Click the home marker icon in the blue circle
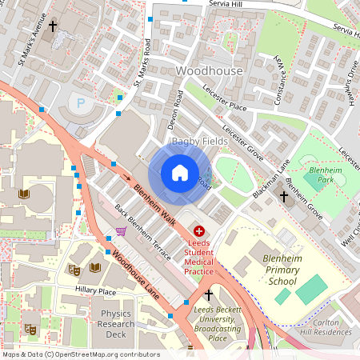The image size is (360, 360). pos(180,173)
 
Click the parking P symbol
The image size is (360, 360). pos(78,103)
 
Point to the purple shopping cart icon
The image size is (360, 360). pos(121,231)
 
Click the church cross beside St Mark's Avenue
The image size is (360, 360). pos(53,26)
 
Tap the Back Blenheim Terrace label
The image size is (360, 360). pos(142,233)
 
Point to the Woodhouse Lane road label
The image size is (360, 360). pos(136,276)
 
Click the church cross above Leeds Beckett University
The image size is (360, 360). pos(209,296)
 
